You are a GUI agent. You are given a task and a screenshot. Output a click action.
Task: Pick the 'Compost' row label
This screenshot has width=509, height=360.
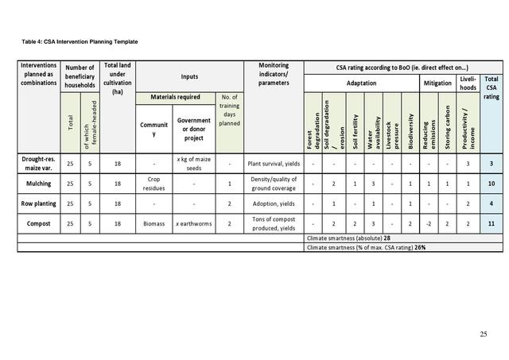click(x=38, y=224)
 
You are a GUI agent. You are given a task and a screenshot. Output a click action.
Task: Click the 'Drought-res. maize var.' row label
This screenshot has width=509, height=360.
click(x=38, y=164)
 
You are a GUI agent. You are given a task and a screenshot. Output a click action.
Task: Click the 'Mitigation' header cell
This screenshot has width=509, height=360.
click(x=437, y=83)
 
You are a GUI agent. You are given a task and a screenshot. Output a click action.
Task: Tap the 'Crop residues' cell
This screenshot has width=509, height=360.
click(x=154, y=184)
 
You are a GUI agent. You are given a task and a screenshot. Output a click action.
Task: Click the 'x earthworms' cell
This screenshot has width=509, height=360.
click(x=194, y=224)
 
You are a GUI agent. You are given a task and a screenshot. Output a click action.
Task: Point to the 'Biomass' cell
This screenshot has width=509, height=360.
click(x=154, y=224)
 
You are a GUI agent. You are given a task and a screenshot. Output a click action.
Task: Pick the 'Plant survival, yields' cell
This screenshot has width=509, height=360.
click(x=274, y=164)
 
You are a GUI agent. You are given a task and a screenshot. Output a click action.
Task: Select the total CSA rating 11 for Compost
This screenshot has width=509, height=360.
click(x=492, y=224)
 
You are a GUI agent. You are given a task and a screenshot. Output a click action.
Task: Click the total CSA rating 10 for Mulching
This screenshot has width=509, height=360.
click(x=492, y=184)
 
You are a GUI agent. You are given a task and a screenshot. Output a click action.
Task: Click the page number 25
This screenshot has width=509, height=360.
click(x=483, y=333)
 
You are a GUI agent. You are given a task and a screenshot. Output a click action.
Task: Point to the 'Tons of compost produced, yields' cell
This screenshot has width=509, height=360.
click(x=274, y=224)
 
